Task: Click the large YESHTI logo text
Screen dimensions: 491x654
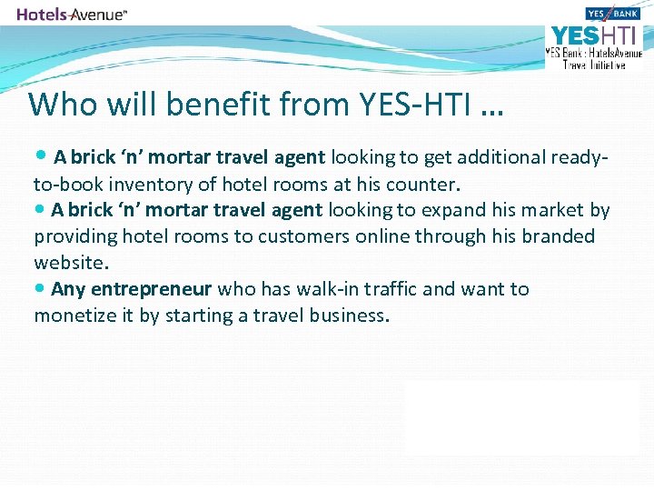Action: [x=593, y=35]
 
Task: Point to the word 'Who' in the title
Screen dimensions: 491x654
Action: [x=58, y=105]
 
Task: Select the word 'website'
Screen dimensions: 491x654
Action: [x=70, y=263]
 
